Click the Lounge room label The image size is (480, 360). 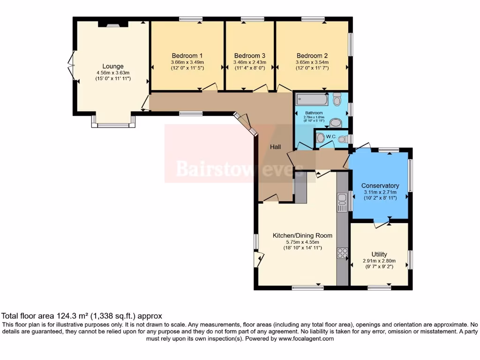coord(113,66)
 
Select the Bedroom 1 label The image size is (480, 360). coord(187,55)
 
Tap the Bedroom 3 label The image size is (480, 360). coord(250,55)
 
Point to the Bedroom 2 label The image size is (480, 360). coord(312,55)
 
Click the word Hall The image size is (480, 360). coord(275,147)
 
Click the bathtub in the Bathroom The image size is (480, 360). coord(312,99)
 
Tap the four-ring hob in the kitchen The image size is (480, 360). coord(342,253)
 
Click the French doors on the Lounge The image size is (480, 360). coord(71,66)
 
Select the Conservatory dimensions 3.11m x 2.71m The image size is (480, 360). coord(381,192)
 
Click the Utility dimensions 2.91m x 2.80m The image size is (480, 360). coord(379,261)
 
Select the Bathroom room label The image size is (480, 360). coord(314,113)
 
